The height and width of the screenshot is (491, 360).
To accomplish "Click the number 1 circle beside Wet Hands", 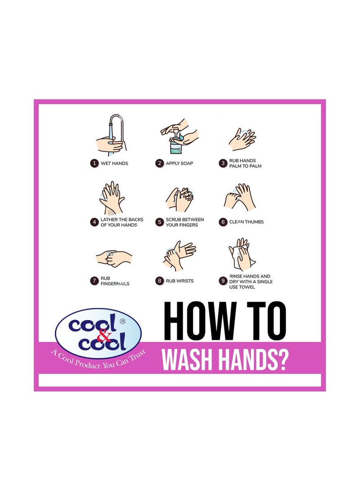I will [94, 163].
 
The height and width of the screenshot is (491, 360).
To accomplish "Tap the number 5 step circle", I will [159, 222].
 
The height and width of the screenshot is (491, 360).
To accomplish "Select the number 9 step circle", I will [223, 281].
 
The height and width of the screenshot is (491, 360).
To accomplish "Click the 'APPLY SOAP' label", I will [179, 163].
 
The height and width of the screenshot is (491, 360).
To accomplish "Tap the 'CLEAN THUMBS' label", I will [246, 222].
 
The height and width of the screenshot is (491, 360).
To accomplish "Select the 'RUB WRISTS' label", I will [180, 281].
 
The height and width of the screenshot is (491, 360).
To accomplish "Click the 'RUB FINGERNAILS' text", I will [115, 281].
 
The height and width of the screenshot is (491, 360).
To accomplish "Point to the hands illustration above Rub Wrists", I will [179, 256].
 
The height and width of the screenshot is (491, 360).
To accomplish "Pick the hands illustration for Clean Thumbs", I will [240, 197].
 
